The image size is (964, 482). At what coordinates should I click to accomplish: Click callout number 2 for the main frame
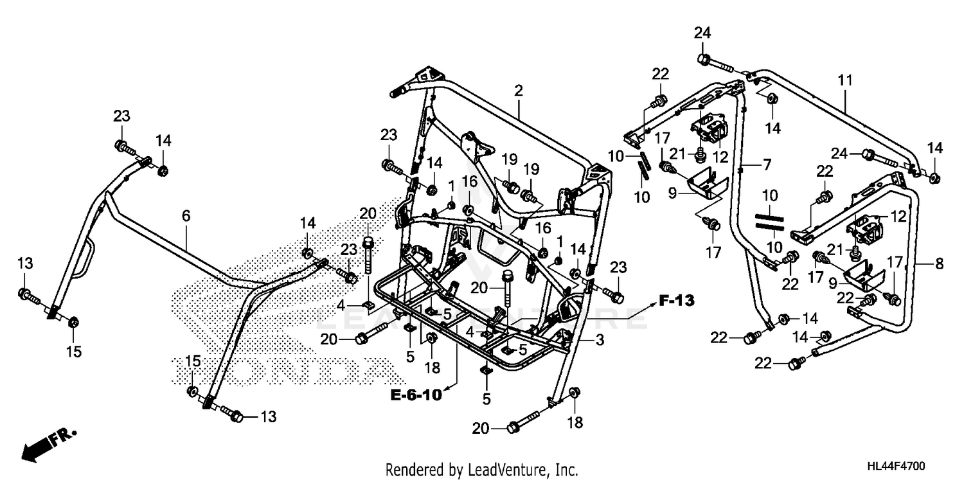(518, 91)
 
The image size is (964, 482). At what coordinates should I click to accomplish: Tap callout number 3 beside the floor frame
(599, 341)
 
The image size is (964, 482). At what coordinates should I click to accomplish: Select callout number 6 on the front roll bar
(186, 216)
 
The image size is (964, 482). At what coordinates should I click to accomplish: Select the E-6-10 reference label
(416, 395)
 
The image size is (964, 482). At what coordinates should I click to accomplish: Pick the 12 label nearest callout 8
(898, 217)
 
